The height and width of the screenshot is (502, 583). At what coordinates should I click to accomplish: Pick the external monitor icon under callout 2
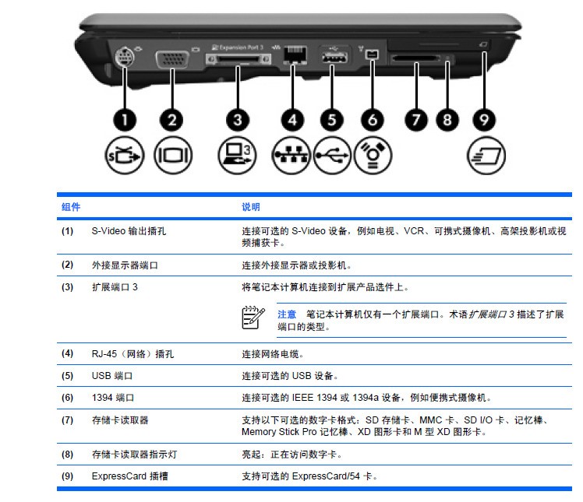pos(171,155)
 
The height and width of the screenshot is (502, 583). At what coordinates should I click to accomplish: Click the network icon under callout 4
pos(291,155)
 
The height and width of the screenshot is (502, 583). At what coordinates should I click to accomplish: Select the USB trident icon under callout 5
pos(333,155)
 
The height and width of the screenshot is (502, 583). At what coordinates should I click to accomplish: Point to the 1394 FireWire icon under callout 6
pos(373,155)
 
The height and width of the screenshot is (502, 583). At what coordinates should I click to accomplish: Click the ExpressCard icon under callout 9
pos(484,155)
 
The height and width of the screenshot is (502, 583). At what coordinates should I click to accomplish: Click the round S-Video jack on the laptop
pos(124,58)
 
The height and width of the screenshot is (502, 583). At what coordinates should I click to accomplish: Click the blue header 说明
pos(251,207)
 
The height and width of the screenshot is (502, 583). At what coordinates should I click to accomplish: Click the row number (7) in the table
pos(68,420)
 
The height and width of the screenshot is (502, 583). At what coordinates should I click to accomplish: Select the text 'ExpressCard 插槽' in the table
pos(129,476)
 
